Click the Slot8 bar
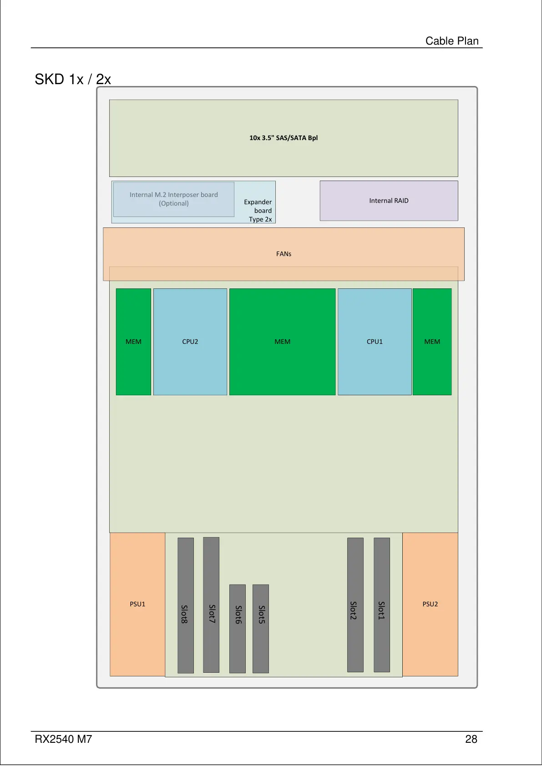[x=185, y=605]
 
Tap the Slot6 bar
[x=238, y=628]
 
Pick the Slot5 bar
[x=261, y=628]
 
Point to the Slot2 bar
[x=355, y=605]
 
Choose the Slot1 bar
[x=382, y=605]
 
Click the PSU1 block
[x=137, y=604]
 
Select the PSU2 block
[x=430, y=604]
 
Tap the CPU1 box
[x=375, y=342]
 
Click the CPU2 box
[x=190, y=342]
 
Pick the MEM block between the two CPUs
[x=283, y=342]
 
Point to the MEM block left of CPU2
[x=133, y=342]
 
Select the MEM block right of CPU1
[x=432, y=342]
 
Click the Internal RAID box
[x=389, y=201]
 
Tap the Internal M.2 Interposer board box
[x=174, y=199]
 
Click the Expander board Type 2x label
[x=258, y=211]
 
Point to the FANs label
[x=284, y=254]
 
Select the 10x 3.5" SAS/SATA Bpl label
[x=284, y=138]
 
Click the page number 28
[x=471, y=739]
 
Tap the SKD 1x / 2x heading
[x=73, y=80]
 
